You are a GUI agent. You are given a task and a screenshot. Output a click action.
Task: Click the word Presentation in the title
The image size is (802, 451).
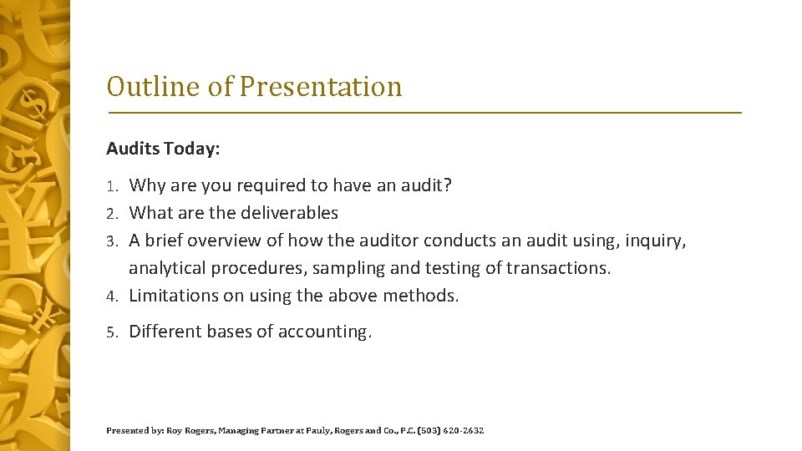click(321, 86)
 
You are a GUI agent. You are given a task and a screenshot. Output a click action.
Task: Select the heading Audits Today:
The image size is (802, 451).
click(163, 149)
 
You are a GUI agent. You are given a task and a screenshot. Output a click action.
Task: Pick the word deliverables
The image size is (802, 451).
click(288, 213)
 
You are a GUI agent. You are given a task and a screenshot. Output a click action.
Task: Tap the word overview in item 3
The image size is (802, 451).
click(225, 241)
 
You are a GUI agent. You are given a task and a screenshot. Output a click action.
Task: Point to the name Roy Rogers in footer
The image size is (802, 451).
click(185, 431)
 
